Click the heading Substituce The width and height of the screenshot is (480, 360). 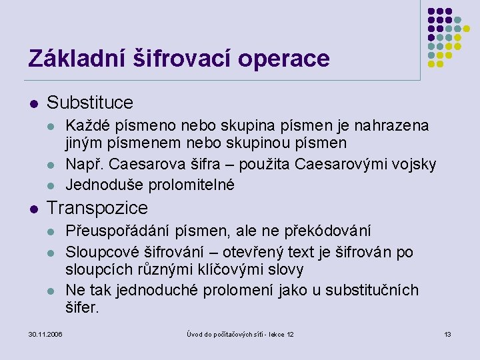[x=90, y=103]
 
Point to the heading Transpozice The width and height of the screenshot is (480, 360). [x=97, y=208]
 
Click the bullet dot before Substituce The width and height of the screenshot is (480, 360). [x=32, y=103]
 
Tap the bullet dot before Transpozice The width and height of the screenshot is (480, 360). [x=32, y=209]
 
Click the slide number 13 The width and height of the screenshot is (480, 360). [x=447, y=333]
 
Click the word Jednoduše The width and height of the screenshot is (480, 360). [x=101, y=184]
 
